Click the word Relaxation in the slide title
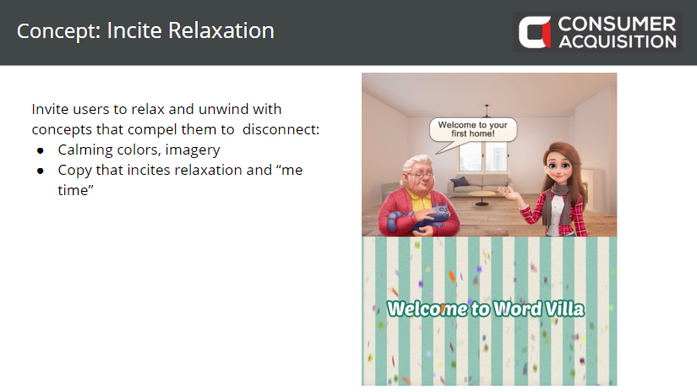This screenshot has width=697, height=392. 221,30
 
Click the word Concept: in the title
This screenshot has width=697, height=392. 58,31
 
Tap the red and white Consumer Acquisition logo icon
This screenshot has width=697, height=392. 534,32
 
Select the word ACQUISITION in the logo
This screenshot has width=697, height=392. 618,41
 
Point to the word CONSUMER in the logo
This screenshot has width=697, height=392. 617,24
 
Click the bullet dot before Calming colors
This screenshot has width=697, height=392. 41,150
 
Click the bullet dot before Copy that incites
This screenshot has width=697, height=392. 41,171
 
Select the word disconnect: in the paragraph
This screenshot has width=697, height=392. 281,129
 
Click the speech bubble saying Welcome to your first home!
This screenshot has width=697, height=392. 472,130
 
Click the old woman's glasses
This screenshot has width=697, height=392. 422,175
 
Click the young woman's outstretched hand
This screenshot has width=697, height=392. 508,193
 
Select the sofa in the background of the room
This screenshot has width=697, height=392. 479,183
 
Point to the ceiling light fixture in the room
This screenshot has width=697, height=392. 487,110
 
